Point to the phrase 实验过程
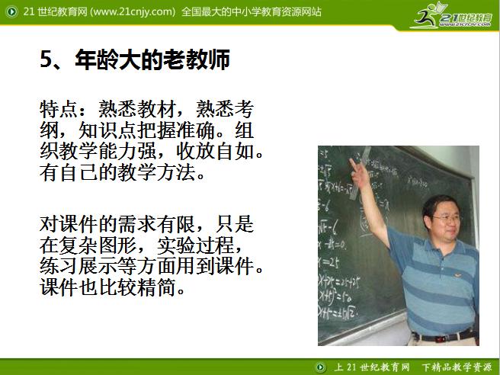pos(206,246)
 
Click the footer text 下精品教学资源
pos(457,367)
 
